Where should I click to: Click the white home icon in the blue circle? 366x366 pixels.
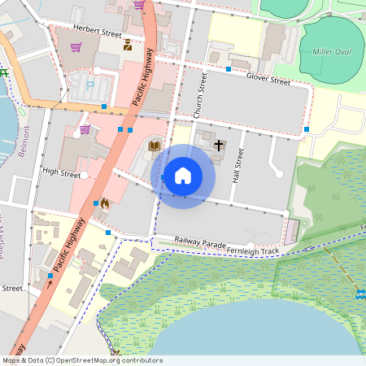[183, 176]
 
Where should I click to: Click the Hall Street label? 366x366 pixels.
[238, 163]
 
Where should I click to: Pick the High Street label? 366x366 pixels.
[62, 172]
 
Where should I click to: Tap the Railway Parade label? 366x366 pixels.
[200, 242]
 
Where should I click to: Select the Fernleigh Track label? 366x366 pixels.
[254, 251]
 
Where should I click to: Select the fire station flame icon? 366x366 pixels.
[105, 205]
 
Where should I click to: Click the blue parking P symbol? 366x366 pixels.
[90, 83]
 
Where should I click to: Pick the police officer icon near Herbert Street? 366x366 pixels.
[128, 46]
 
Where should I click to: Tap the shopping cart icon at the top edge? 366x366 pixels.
[139, 4]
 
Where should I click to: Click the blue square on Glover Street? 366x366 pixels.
[229, 70]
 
